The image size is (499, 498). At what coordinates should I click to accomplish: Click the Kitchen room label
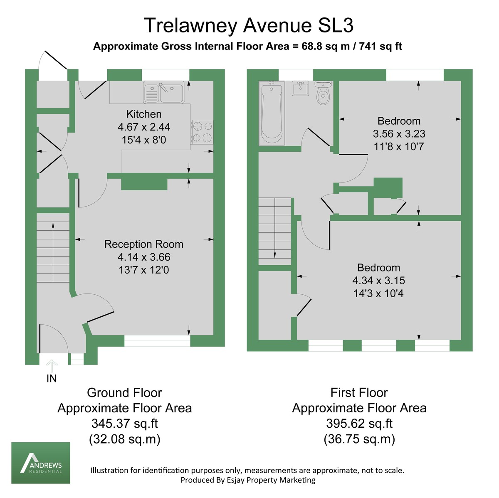coord(144,114)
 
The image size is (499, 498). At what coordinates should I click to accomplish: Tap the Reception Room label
coord(143,244)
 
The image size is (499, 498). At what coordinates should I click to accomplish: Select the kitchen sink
coord(164,92)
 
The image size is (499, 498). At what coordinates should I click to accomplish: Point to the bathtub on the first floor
coord(271,113)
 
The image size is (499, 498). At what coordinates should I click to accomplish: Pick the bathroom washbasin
coord(300,88)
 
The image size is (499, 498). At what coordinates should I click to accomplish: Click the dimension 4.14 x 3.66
coord(144,257)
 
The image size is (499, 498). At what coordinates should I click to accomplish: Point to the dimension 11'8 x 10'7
coord(399,146)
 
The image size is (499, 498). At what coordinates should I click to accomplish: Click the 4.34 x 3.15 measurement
coord(378,281)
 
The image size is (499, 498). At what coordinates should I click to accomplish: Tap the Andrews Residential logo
coord(41,463)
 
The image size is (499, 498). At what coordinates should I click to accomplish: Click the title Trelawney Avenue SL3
coord(249,25)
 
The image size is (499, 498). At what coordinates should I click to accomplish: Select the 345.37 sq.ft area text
coord(125,424)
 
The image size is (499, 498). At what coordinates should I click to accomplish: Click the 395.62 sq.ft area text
coord(359,424)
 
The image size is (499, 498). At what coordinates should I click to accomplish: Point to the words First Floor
coord(359,392)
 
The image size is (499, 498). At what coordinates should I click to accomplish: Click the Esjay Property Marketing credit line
coord(248,480)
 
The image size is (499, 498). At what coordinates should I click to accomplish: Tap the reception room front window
coord(157,341)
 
